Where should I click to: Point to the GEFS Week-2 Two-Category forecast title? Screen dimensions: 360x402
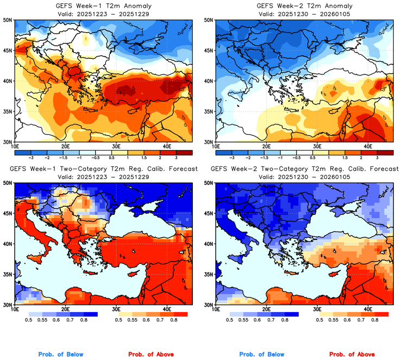(303, 169)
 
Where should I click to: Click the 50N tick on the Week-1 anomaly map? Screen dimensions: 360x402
(8, 20)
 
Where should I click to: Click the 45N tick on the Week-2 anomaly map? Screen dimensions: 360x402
(209, 51)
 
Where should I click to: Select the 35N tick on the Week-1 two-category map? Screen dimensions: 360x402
(8, 274)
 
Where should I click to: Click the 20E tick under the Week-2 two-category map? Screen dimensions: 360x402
(266, 309)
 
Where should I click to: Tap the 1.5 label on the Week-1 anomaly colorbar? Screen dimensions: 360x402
(143, 156)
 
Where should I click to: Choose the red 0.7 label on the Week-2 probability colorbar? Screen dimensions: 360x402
(361, 321)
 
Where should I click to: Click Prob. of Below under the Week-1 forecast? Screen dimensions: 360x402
(60, 355)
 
